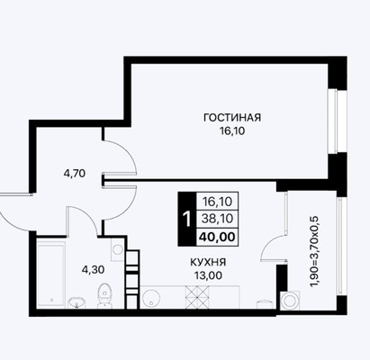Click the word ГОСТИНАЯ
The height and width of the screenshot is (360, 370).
(x=231, y=117)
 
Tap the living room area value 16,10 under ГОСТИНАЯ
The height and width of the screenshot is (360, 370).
(x=231, y=131)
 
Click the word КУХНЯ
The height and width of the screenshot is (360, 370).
(x=206, y=262)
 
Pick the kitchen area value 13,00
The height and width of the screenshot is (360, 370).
(x=206, y=276)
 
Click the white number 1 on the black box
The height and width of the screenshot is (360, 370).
(x=185, y=220)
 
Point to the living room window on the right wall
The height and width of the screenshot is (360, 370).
(x=335, y=121)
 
